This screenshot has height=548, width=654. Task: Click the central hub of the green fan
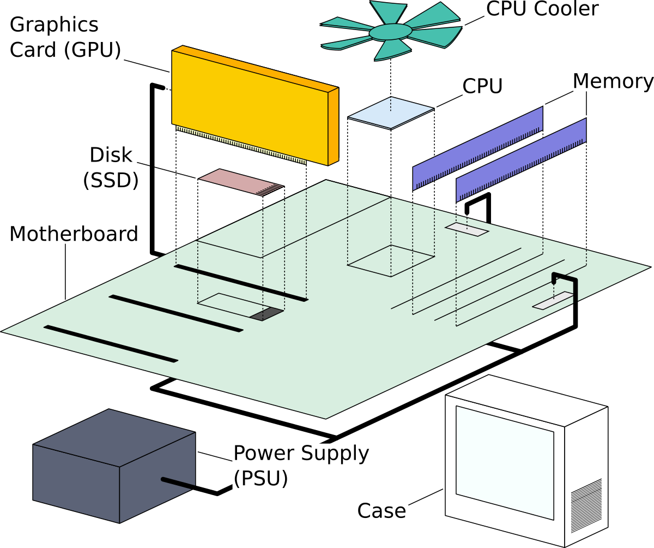(390, 32)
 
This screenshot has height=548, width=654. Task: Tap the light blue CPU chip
(391, 112)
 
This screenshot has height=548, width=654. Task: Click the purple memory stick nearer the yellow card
(477, 148)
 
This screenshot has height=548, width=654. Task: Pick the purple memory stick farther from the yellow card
(521, 159)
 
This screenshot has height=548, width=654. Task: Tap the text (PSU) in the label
(260, 478)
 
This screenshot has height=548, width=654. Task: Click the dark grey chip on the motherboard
(267, 314)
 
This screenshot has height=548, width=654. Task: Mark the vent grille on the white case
(586, 505)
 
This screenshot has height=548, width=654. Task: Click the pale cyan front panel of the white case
(505, 461)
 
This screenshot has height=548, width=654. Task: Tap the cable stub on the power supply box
(178, 483)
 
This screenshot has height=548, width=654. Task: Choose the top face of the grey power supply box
(114, 437)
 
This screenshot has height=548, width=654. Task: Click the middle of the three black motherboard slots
(175, 313)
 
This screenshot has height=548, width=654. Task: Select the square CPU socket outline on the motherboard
(391, 261)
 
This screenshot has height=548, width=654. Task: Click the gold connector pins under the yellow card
(240, 145)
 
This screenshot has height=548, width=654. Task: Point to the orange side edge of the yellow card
(333, 126)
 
